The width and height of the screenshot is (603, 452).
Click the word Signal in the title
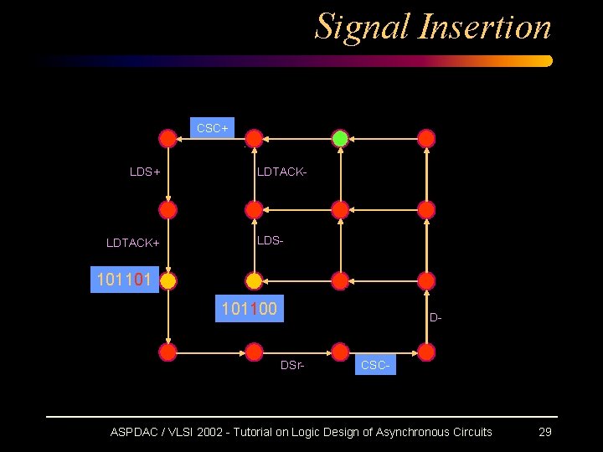(363, 27)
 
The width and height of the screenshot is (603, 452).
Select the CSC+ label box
(213, 128)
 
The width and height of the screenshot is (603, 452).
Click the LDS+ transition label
(145, 172)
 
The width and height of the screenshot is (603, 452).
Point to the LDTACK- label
(281, 172)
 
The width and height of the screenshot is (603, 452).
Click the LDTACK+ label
(133, 243)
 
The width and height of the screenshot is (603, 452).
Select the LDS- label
(270, 240)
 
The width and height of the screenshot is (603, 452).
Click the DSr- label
(292, 365)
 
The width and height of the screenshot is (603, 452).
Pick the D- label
(435, 318)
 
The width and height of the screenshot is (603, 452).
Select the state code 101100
(249, 310)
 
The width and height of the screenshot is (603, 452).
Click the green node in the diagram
(340, 138)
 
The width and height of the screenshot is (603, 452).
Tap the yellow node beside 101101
(168, 280)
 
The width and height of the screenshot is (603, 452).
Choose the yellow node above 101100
(254, 280)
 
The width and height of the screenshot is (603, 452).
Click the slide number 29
(544, 432)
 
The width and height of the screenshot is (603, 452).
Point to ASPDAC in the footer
(135, 432)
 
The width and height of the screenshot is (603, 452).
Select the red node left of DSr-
(254, 352)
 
